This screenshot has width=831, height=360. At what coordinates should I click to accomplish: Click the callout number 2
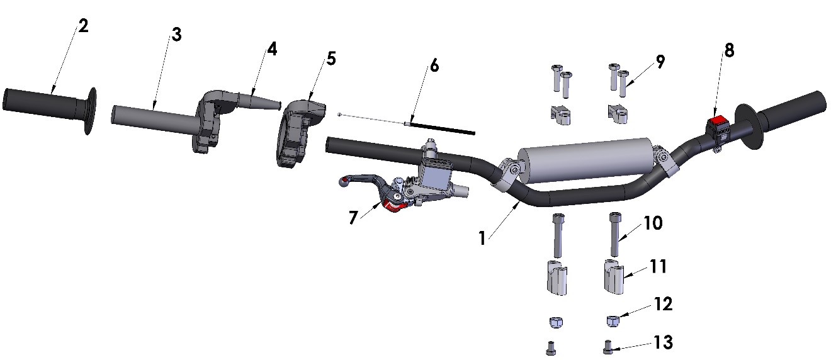pos(83,26)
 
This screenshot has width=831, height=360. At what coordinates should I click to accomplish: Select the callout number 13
pos(663,342)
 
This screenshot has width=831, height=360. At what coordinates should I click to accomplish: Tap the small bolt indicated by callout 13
pos(607,347)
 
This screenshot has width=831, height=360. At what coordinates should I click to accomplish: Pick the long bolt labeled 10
pos(614,234)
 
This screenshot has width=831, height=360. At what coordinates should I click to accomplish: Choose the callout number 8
pos(728,51)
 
